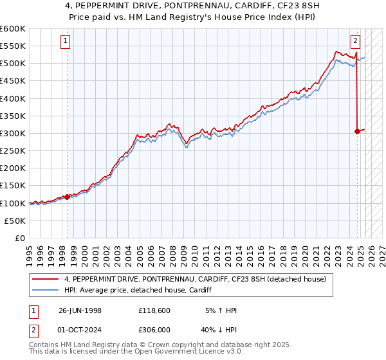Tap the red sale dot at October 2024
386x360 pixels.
coord(358,131)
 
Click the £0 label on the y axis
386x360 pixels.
coord(21,238)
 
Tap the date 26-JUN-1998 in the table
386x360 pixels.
coord(80,310)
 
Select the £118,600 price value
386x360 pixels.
coord(154,310)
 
